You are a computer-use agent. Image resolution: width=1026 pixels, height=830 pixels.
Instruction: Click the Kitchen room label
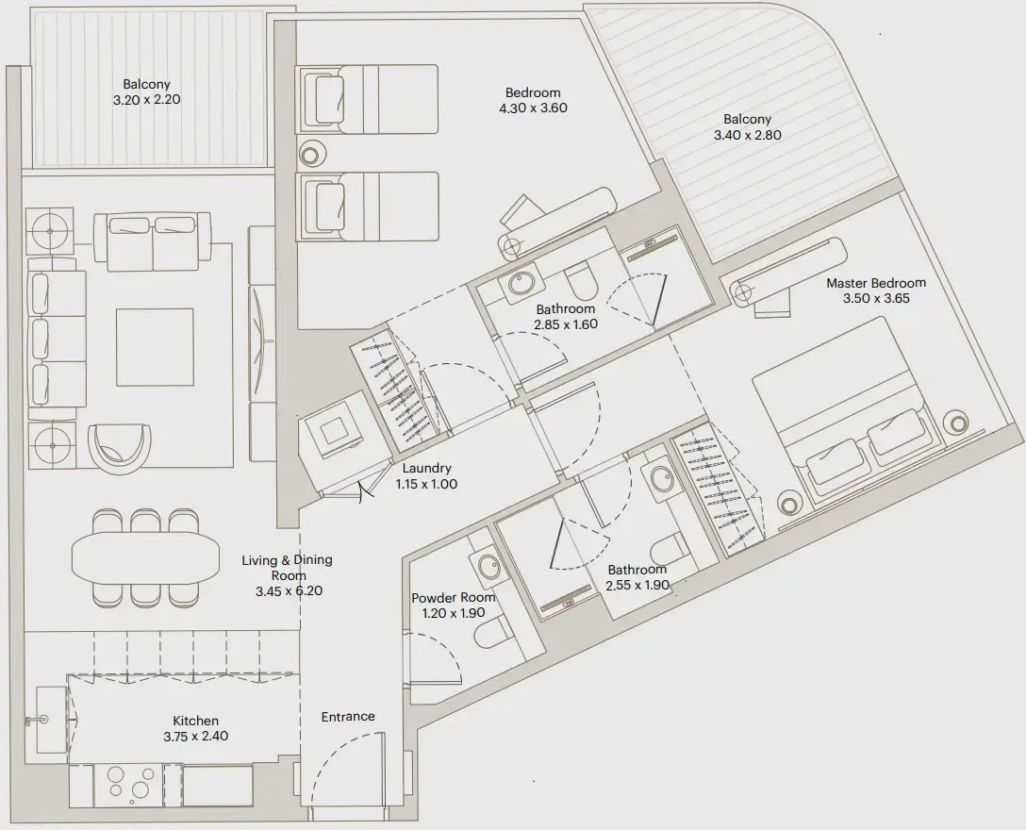pyautogui.click(x=195, y=721)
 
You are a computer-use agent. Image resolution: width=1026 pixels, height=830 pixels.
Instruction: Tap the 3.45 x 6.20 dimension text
pyautogui.click(x=288, y=591)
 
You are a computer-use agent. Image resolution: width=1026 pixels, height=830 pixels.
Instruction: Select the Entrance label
pyautogui.click(x=348, y=717)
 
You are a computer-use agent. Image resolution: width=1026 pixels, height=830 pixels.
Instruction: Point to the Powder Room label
pyautogui.click(x=453, y=598)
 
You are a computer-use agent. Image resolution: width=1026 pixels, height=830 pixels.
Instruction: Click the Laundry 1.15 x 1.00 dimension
pyautogui.click(x=426, y=484)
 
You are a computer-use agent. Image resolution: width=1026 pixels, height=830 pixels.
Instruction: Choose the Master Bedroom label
pyautogui.click(x=876, y=283)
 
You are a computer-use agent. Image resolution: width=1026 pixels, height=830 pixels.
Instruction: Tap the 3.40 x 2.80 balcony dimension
pyautogui.click(x=747, y=135)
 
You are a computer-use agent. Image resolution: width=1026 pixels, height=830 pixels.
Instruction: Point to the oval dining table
pyautogui.click(x=144, y=558)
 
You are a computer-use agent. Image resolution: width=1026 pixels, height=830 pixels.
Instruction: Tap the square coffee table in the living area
pyautogui.click(x=155, y=346)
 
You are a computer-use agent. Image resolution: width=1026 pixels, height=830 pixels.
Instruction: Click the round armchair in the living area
pyautogui.click(x=119, y=446)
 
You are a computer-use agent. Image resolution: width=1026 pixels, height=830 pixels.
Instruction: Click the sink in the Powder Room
pyautogui.click(x=488, y=567)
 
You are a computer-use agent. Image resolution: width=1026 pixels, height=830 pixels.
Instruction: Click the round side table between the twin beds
pyautogui.click(x=310, y=155)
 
